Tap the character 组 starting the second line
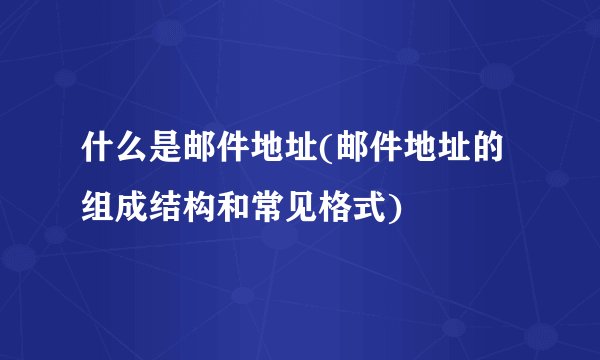98,209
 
